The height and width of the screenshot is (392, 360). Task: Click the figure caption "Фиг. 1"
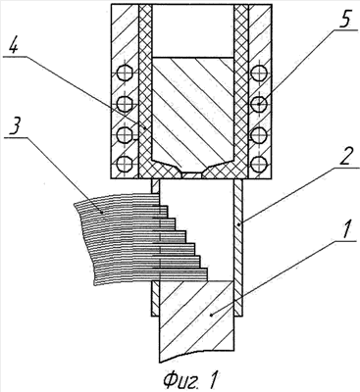coord(190,379)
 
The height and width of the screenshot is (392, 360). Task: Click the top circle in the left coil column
coord(125,73)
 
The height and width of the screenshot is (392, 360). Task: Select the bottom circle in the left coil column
coord(125,163)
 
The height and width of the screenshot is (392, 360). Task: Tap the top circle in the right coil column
coord(259,73)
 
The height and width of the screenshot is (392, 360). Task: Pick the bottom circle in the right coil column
coord(259,163)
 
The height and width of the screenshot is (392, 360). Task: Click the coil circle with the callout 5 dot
coord(259,104)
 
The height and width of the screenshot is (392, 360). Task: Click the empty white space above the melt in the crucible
coord(193,31)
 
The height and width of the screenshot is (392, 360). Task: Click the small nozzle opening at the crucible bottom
coord(192,175)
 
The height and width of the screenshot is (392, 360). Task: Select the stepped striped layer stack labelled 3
coord(140,238)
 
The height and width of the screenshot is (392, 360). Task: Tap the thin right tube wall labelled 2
coord(239,247)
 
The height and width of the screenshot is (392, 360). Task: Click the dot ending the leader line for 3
coord(103,213)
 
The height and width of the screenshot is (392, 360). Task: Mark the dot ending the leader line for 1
coord(212,315)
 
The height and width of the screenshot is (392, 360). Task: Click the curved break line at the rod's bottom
coord(196,355)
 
